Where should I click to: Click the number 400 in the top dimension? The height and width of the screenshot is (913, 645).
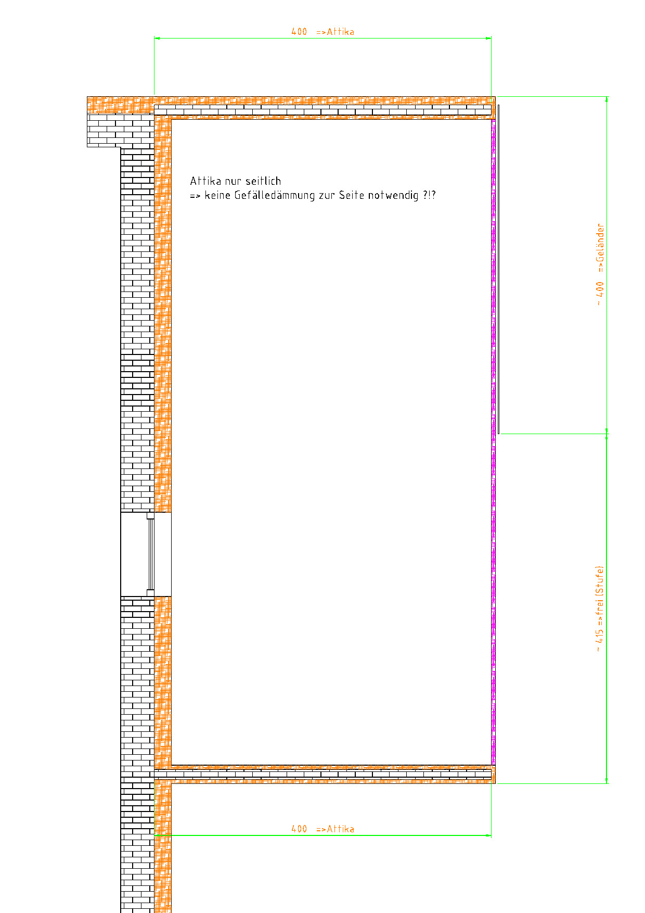[x=299, y=32]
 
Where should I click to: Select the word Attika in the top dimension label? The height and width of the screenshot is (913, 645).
[x=340, y=32]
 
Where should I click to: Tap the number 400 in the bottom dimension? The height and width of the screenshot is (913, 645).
[x=299, y=829]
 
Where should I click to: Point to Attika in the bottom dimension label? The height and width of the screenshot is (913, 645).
[x=340, y=829]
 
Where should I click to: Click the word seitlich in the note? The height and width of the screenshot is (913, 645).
[x=263, y=181]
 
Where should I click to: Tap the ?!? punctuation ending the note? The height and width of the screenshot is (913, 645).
[x=430, y=196]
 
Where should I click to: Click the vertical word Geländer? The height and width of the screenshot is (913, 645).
[x=600, y=243]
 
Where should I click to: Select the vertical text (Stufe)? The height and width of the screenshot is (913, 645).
[x=600, y=580]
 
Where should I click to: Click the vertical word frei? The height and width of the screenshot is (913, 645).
[x=600, y=606]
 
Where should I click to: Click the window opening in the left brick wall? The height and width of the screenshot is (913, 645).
[x=146, y=554]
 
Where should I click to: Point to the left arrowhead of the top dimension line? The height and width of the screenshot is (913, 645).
[x=157, y=38]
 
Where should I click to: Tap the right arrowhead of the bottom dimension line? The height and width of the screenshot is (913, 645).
[x=488, y=835]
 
